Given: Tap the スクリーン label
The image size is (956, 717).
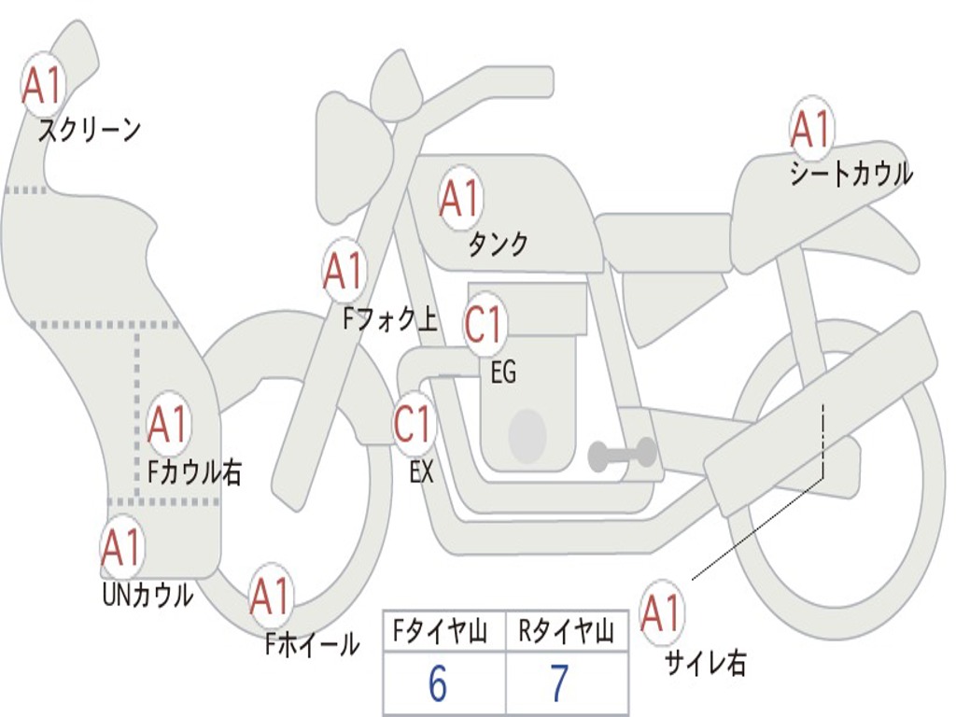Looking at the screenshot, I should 89,130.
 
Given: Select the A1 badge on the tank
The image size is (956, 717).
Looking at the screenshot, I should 459,198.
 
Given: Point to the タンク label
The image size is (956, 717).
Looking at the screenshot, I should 498,245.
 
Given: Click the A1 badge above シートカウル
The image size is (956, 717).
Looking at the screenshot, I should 811,129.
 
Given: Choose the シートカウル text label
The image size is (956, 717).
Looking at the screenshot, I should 851,175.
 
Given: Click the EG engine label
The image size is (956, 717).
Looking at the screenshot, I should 503,373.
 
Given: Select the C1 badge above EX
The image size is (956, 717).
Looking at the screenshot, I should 414,424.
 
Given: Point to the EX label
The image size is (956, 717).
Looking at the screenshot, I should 422,472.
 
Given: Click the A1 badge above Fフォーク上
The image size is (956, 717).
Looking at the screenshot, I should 344,271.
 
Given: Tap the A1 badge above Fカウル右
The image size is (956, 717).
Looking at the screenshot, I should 169,424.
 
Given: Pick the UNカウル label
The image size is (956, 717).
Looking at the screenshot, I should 147,595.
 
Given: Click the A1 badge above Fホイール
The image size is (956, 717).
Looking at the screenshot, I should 271,597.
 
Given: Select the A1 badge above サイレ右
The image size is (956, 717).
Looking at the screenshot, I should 661,612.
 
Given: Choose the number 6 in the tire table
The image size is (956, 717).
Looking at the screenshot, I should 438,684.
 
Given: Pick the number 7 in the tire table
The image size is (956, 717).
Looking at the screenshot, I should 559,684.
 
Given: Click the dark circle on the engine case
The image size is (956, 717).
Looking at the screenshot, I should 527,435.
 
